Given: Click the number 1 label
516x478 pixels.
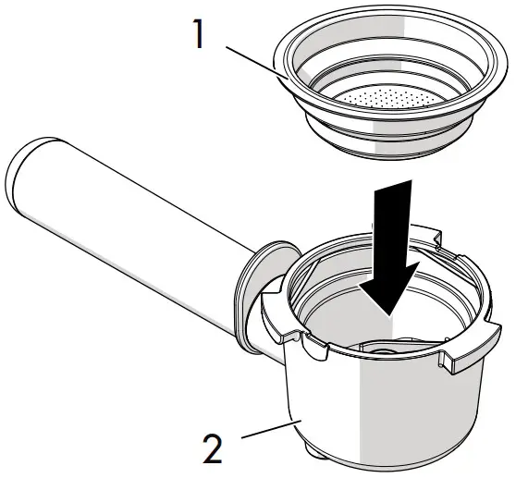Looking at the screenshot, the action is point(199,33).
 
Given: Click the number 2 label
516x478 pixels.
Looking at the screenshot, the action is point(213,448).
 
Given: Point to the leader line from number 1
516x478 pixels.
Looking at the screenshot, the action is point(256,63).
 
